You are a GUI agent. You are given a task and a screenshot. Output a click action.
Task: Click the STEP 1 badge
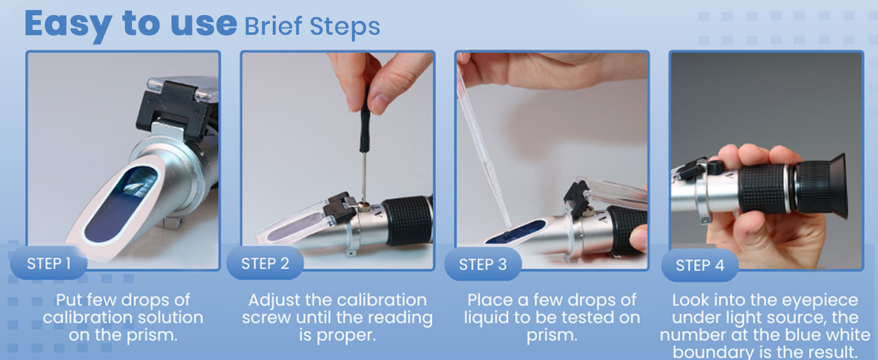(x=49, y=263)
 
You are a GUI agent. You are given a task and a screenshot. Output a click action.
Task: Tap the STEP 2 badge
(x=265, y=263)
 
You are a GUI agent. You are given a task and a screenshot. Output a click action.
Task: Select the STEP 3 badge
(x=483, y=265)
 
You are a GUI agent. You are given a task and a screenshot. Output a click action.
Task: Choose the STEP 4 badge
(x=700, y=265)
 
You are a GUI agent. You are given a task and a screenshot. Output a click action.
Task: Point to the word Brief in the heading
(x=273, y=26)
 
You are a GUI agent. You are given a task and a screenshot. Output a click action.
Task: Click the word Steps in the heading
(x=345, y=28)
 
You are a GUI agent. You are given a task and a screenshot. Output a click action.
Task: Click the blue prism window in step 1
(x=121, y=204)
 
